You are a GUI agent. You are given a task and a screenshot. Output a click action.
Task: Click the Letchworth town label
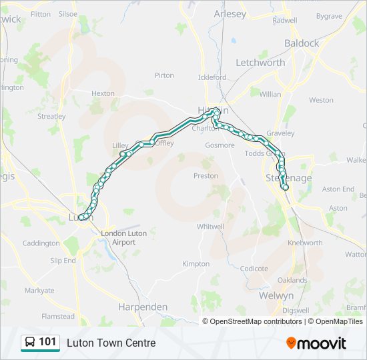coord(260,63)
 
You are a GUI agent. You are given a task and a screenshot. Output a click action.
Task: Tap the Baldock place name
coord(302,43)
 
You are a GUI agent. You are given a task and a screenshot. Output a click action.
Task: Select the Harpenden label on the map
coord(143,307)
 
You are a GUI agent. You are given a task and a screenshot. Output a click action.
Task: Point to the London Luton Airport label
coord(118,238)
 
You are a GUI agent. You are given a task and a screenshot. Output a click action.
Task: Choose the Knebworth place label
coord(305,243)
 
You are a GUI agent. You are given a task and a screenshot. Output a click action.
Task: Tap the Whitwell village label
coord(210,227)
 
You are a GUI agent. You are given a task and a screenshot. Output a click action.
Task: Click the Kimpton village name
coord(196,264)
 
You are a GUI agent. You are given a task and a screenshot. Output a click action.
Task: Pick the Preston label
coord(206,176)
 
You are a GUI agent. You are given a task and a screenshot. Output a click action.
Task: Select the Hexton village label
coord(103,94)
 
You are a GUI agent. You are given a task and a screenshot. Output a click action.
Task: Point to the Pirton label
coord(164,76)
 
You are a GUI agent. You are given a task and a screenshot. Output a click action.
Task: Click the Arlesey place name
coord(230,14)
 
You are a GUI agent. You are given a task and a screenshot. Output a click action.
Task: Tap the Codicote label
coord(254,269)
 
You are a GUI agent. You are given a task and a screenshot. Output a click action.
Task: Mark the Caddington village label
coord(41,243)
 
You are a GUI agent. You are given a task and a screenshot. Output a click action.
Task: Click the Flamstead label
coord(58,317)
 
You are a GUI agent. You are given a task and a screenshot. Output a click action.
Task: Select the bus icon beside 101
coord(30,343)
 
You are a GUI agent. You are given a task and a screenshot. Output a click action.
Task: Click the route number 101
coord(47,342)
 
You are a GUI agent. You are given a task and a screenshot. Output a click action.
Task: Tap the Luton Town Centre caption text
coord(111,343)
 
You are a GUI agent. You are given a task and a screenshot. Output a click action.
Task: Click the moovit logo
coord(316,343)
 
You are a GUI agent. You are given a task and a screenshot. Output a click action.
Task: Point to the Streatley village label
coord(51,116)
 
